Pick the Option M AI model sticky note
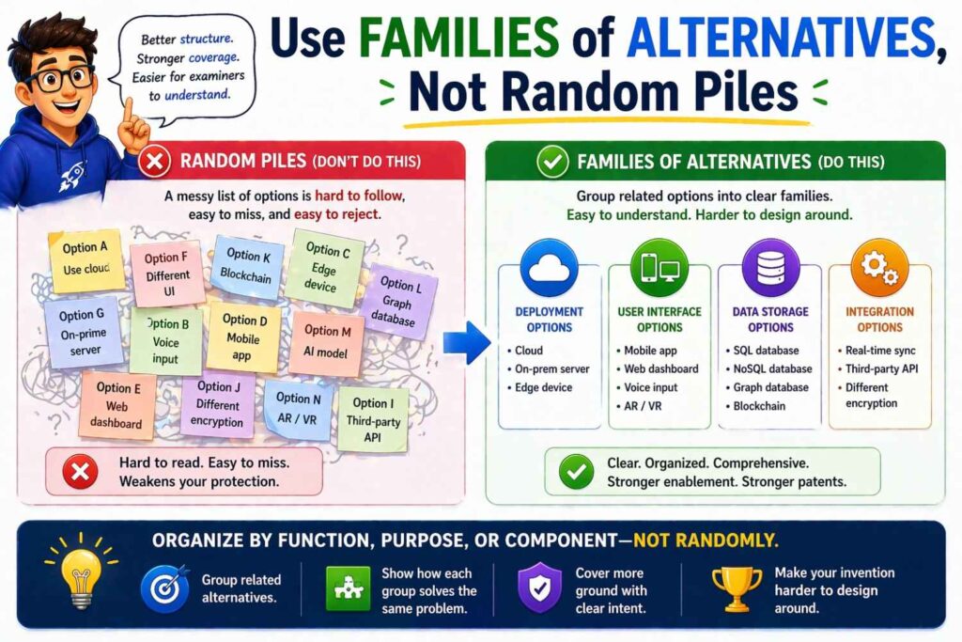click(327, 342)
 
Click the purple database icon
click(769, 268)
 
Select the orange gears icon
click(878, 267)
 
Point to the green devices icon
click(659, 268)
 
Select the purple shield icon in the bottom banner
click(539, 589)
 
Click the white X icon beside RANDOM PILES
click(155, 163)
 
